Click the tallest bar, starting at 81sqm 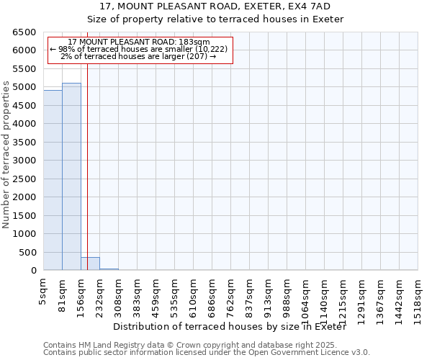coord(71,176)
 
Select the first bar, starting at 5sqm coord(53,180)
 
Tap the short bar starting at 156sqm coord(90,264)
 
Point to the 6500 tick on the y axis coord(24,32)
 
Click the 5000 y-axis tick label coord(24,87)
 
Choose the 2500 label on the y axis coord(24,179)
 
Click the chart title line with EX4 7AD coord(215,6)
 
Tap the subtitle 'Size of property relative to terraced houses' coord(215,19)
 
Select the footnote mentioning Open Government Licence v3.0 coord(207,353)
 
